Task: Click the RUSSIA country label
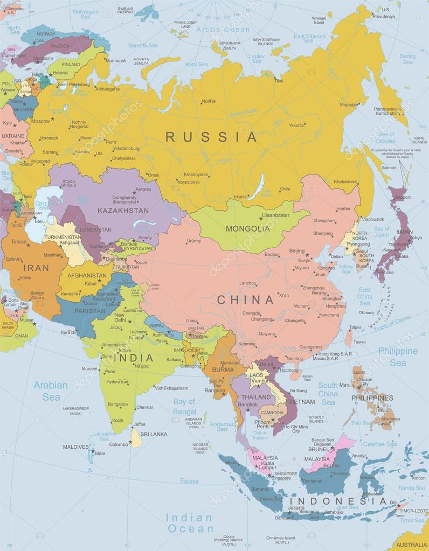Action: click(211, 137)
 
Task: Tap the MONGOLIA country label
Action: click(248, 228)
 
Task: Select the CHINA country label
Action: click(245, 299)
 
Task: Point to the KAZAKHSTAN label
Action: click(123, 211)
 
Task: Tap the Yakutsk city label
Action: click(296, 125)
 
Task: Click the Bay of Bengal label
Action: click(184, 407)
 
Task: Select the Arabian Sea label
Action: click(51, 391)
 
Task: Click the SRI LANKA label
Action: click(154, 434)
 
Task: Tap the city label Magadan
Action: click(349, 104)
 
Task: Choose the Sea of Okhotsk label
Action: click(387, 138)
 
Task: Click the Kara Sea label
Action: click(196, 65)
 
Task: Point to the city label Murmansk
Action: click(116, 61)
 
